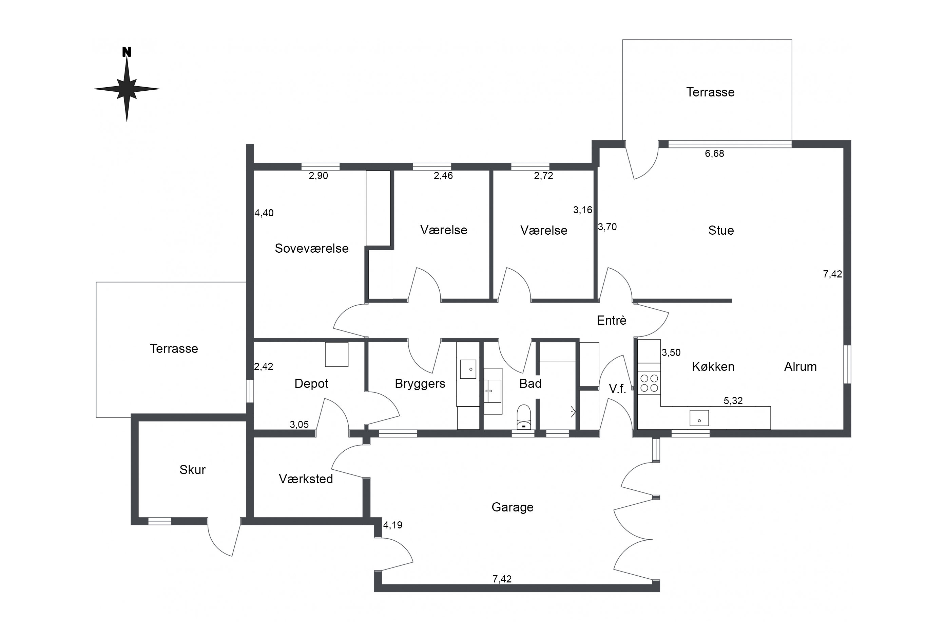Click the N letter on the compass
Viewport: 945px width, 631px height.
coord(127,52)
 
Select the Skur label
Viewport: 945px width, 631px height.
coord(193,470)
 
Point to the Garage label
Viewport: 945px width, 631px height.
coord(513,507)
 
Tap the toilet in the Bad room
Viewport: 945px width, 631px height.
coord(524,417)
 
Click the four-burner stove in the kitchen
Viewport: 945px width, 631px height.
coord(649,383)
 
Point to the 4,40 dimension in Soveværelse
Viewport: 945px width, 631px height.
coord(264,213)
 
